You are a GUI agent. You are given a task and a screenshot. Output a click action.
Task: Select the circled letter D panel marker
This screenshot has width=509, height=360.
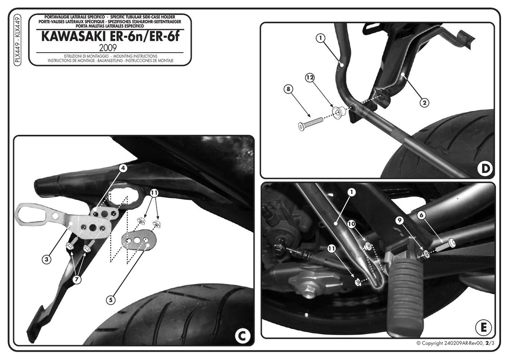(485, 168)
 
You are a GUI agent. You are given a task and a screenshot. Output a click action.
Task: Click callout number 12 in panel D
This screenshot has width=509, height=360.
(310, 77)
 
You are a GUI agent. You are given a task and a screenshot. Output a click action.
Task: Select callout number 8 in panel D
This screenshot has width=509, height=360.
(288, 89)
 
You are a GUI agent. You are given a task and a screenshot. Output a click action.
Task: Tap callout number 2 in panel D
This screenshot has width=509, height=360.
(424, 103)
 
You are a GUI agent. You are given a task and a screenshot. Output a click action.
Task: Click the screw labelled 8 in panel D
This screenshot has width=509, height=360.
(310, 123)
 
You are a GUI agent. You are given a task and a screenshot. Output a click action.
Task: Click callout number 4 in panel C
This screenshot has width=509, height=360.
(123, 168)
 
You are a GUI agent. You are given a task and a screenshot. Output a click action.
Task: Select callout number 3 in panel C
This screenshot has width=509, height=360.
(47, 260)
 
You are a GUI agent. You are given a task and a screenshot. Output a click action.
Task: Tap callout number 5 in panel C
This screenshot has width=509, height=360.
(111, 300)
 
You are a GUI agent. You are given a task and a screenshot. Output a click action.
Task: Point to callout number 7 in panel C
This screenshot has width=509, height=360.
(77, 279)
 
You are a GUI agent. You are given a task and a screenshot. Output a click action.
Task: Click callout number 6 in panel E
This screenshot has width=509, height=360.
(422, 215)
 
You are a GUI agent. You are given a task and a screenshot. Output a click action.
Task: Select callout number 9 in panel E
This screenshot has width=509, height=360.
(400, 221)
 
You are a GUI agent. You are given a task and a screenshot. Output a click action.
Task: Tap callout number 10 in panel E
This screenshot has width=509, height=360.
(351, 224)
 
